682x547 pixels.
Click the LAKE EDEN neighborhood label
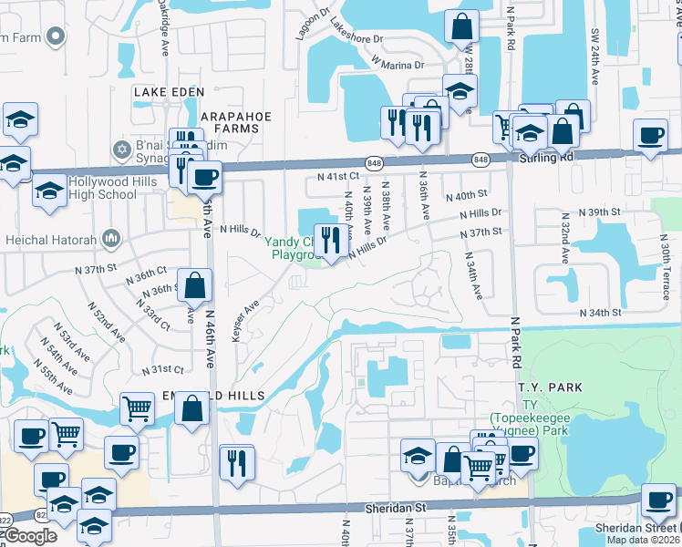point(164,92)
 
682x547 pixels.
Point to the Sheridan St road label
point(396,507)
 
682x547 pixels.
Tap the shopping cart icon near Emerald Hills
point(137,409)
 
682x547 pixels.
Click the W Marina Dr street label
point(398,64)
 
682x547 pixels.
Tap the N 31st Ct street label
point(163,369)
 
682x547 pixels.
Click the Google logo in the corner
point(30,536)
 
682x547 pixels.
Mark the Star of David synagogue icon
point(121,148)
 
